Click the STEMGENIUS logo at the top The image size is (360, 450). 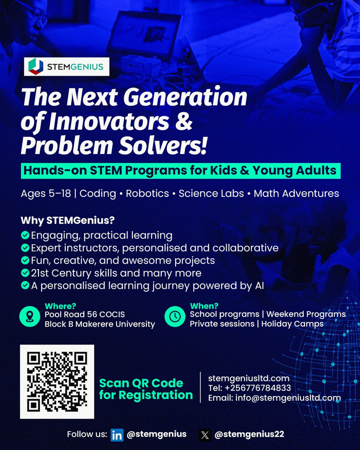click(67, 67)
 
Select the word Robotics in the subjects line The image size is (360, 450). click(147, 193)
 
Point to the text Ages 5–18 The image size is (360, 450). click(45, 193)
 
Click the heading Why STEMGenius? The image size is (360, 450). click(68, 220)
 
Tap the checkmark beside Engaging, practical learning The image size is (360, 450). click(25, 235)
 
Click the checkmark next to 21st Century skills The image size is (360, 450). click(25, 273)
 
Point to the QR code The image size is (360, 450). click(57, 381)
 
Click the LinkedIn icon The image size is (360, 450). click(117, 435)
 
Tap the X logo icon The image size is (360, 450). click(205, 435)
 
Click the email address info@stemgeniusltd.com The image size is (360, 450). click(288, 397)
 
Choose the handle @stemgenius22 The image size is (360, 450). click(249, 435)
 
